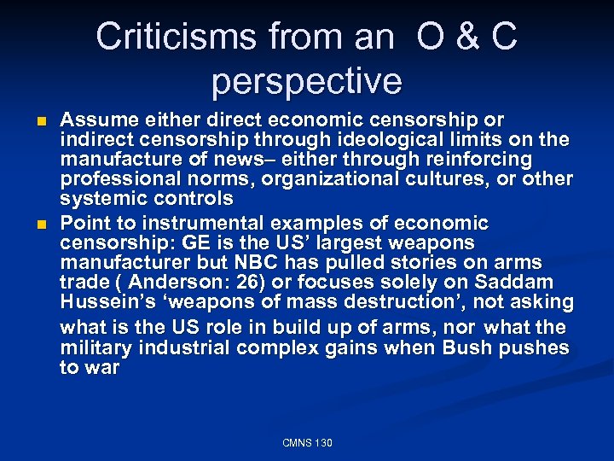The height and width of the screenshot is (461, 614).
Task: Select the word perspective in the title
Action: click(x=306, y=81)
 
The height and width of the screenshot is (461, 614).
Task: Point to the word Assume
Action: click(x=93, y=120)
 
